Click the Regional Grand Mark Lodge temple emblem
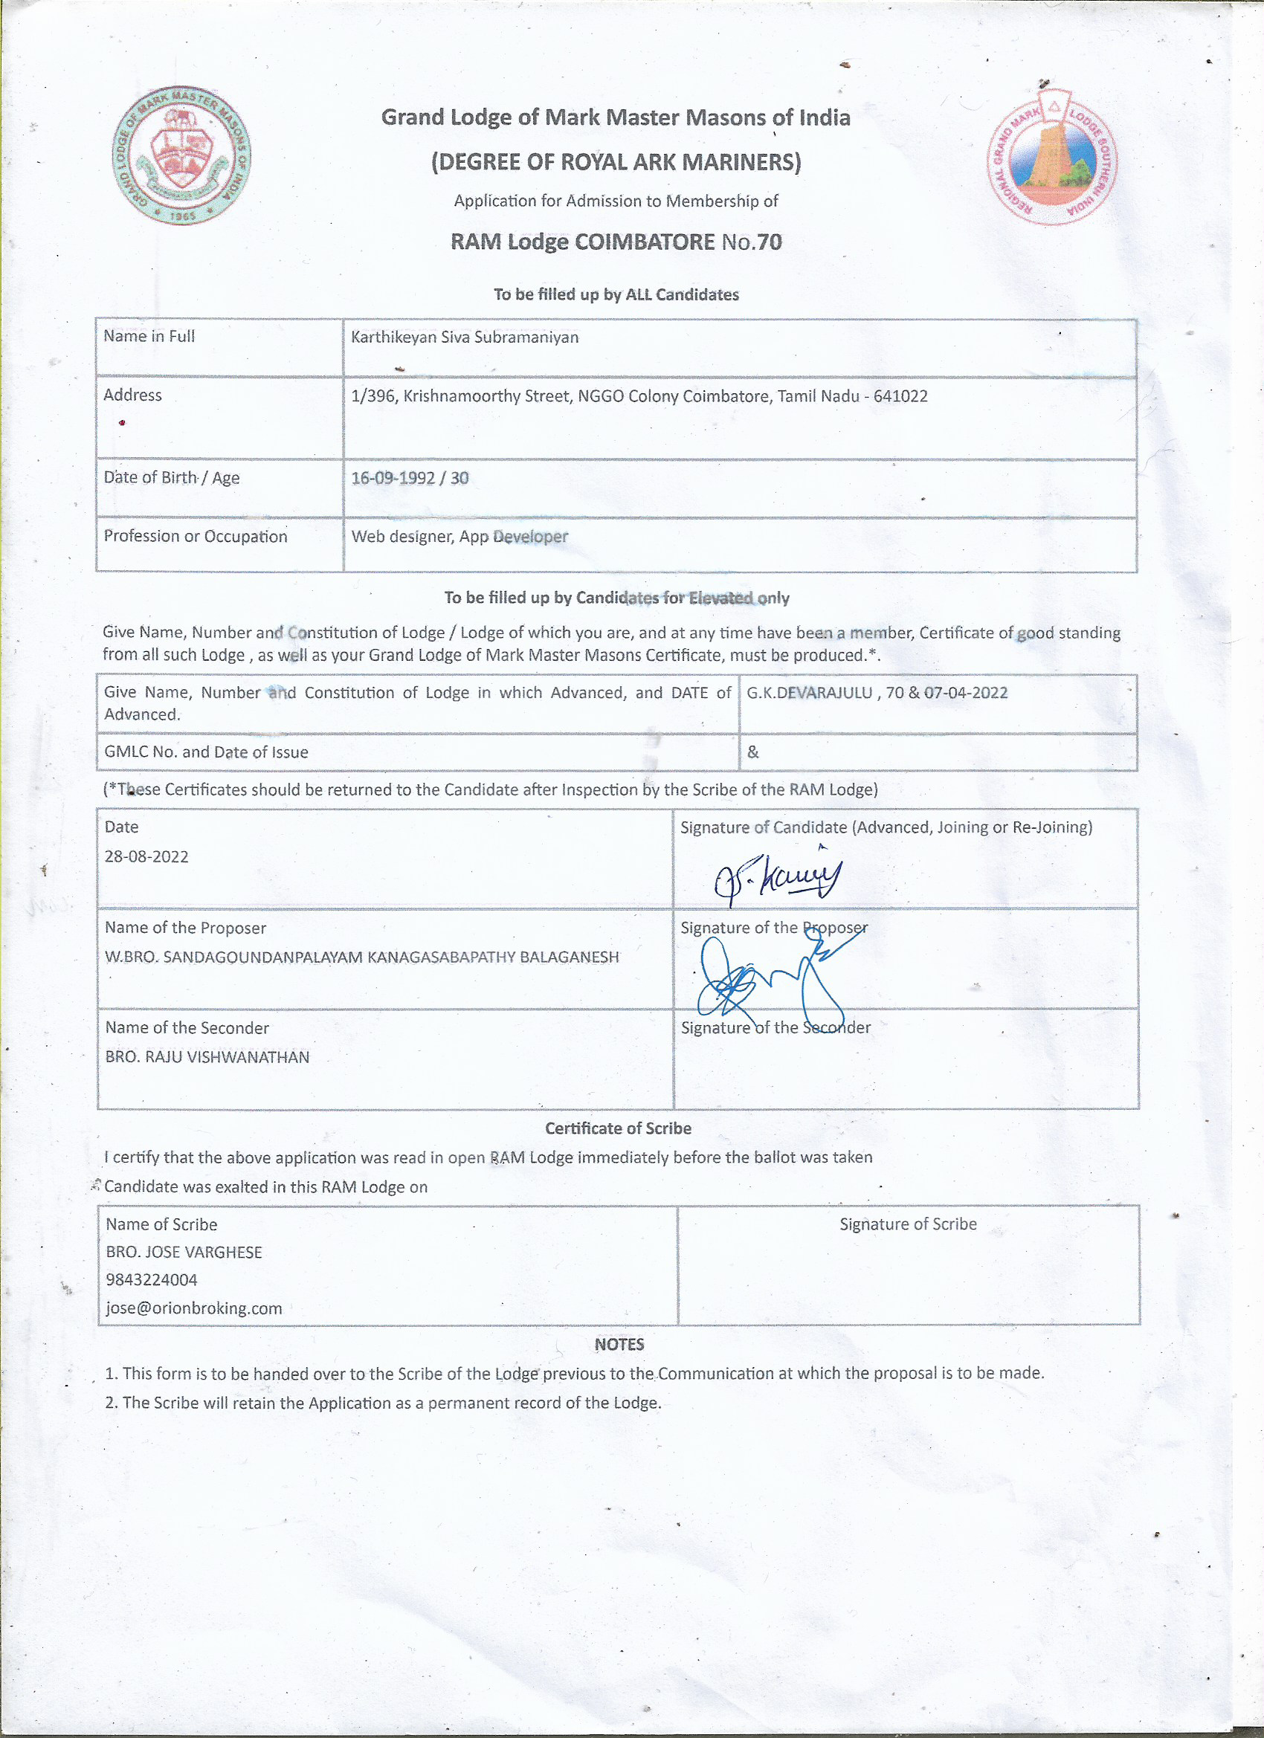[x=1051, y=157]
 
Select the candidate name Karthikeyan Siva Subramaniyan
[x=465, y=337]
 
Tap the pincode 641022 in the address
[x=900, y=396]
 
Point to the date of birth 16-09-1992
[x=393, y=478]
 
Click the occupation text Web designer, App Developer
[x=460, y=537]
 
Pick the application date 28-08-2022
[x=146, y=857]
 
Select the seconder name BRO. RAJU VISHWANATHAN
[x=207, y=1058]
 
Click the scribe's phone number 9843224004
[x=152, y=1280]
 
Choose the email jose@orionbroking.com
[x=194, y=1308]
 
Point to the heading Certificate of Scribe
[x=618, y=1128]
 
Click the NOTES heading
[x=619, y=1344]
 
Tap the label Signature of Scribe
[x=908, y=1224]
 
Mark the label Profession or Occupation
[x=196, y=537]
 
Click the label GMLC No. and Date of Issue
[x=206, y=752]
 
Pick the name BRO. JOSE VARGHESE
[x=184, y=1252]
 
